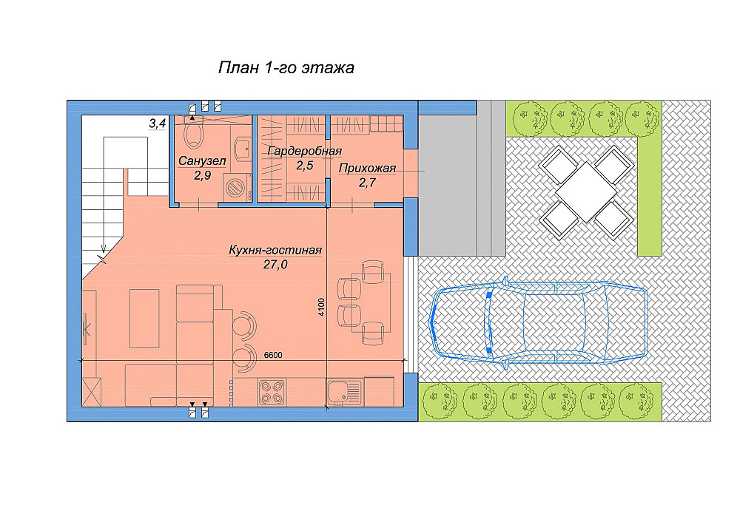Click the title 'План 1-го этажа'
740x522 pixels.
tap(286, 68)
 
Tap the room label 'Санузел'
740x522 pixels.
tap(202, 160)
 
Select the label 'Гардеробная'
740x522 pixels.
tap(304, 152)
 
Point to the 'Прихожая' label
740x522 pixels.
tap(367, 169)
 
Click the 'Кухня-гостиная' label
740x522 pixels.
tap(275, 250)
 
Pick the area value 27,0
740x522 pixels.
tap(275, 265)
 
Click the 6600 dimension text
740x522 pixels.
tap(273, 355)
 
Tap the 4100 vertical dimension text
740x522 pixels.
tap(321, 307)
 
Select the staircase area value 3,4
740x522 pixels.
tap(158, 123)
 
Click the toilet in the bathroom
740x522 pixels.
tap(193, 132)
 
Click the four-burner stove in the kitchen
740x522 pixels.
tap(272, 393)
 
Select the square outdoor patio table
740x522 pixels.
tap(585, 192)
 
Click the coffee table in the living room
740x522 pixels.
tap(144, 318)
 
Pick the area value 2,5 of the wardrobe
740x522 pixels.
tap(304, 166)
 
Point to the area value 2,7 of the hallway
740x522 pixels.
tap(367, 183)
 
